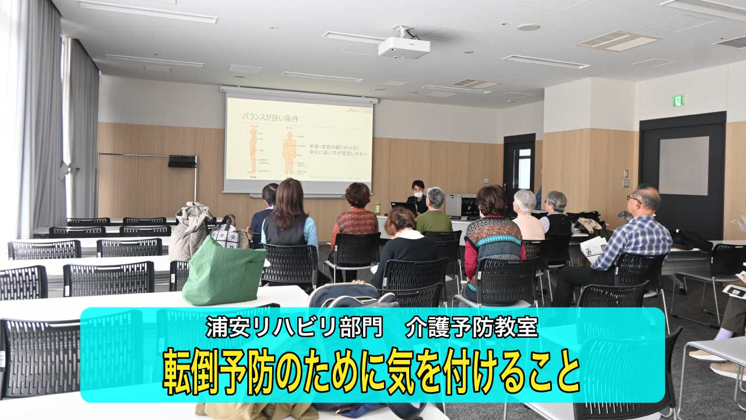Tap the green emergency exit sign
pyautogui.click(x=678, y=100)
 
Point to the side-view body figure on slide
pyautogui.click(x=253, y=151)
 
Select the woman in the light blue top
pyautogui.click(x=290, y=219)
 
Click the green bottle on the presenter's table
pyautogui.click(x=378, y=208)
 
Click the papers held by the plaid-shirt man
pyautogui.click(x=593, y=247)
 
